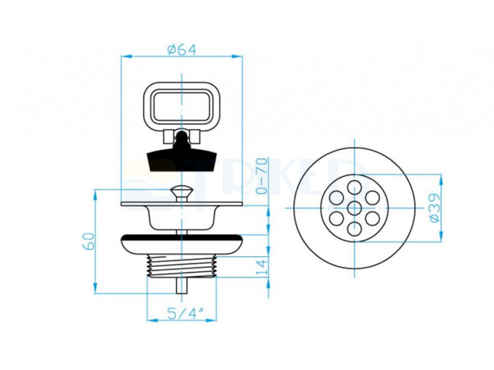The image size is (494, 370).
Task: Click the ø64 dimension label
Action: tap(182, 50)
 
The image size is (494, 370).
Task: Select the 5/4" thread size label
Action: tap(185, 313)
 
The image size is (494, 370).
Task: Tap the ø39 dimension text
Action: tap(435, 208)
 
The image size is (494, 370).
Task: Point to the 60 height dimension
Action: tap(89, 241)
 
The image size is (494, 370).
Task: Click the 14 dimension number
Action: tap(262, 266)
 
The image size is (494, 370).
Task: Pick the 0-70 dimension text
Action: tap(262, 176)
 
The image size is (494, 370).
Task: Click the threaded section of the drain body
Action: tap(182, 266)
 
